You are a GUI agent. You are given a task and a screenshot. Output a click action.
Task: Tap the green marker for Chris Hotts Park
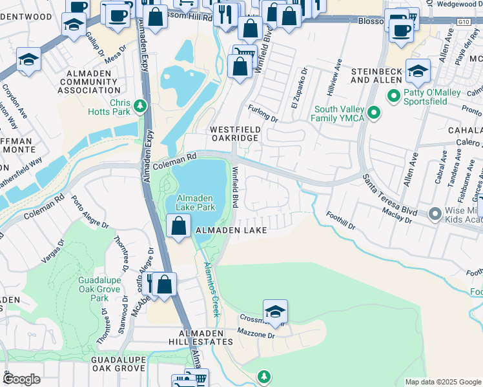click(x=139, y=105)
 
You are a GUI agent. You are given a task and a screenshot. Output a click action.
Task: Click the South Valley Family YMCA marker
click(x=373, y=114)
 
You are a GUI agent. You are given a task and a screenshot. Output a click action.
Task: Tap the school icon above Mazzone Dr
click(x=275, y=312)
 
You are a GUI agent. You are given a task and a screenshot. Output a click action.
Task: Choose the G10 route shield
click(x=462, y=21)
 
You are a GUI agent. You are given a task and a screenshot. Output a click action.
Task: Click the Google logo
click(x=21, y=379)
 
